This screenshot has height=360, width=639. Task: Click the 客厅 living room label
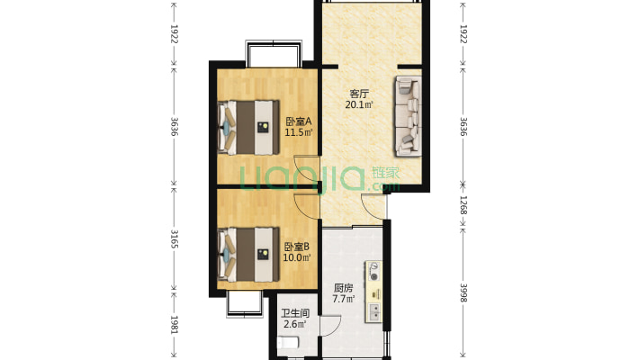(x=359, y=94)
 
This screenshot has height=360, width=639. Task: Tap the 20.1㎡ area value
(x=359, y=105)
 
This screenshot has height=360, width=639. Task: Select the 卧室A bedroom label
(x=298, y=121)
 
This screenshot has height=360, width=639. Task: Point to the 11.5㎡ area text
(x=298, y=132)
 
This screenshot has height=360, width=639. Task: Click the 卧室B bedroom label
(x=297, y=247)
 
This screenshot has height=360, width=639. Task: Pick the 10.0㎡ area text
(x=297, y=257)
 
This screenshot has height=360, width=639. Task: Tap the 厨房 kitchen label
(x=343, y=288)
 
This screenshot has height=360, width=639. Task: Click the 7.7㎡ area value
(x=343, y=300)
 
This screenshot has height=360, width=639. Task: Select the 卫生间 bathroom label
(x=295, y=313)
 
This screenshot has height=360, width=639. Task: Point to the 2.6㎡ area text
(x=295, y=325)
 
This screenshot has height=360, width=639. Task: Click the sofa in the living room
(x=408, y=116)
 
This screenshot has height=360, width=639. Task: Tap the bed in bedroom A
(x=248, y=128)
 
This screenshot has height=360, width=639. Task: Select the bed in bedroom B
(x=248, y=255)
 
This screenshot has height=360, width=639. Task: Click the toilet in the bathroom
(x=289, y=343)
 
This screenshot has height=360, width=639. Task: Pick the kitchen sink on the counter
(x=373, y=312)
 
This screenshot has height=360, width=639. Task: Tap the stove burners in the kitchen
(x=373, y=272)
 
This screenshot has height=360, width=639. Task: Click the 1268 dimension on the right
(x=463, y=205)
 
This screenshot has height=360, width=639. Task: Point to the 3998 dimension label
(x=463, y=292)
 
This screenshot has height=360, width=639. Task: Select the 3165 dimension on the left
(x=174, y=239)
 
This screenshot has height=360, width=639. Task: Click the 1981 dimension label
(x=174, y=325)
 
